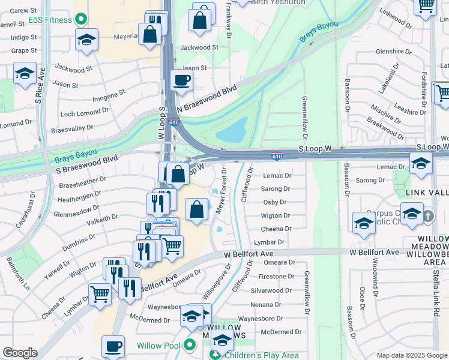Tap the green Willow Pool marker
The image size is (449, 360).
coord(190,345)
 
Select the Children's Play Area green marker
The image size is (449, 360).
coord(214,355)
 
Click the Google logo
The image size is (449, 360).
coord(20,353)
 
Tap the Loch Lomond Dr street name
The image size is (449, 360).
coord(85,112)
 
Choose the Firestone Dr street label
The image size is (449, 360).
coord(275,277)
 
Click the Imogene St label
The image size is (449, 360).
coord(108,95)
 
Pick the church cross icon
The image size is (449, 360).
coord(427,216)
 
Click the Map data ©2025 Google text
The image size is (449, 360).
coord(411,355)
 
